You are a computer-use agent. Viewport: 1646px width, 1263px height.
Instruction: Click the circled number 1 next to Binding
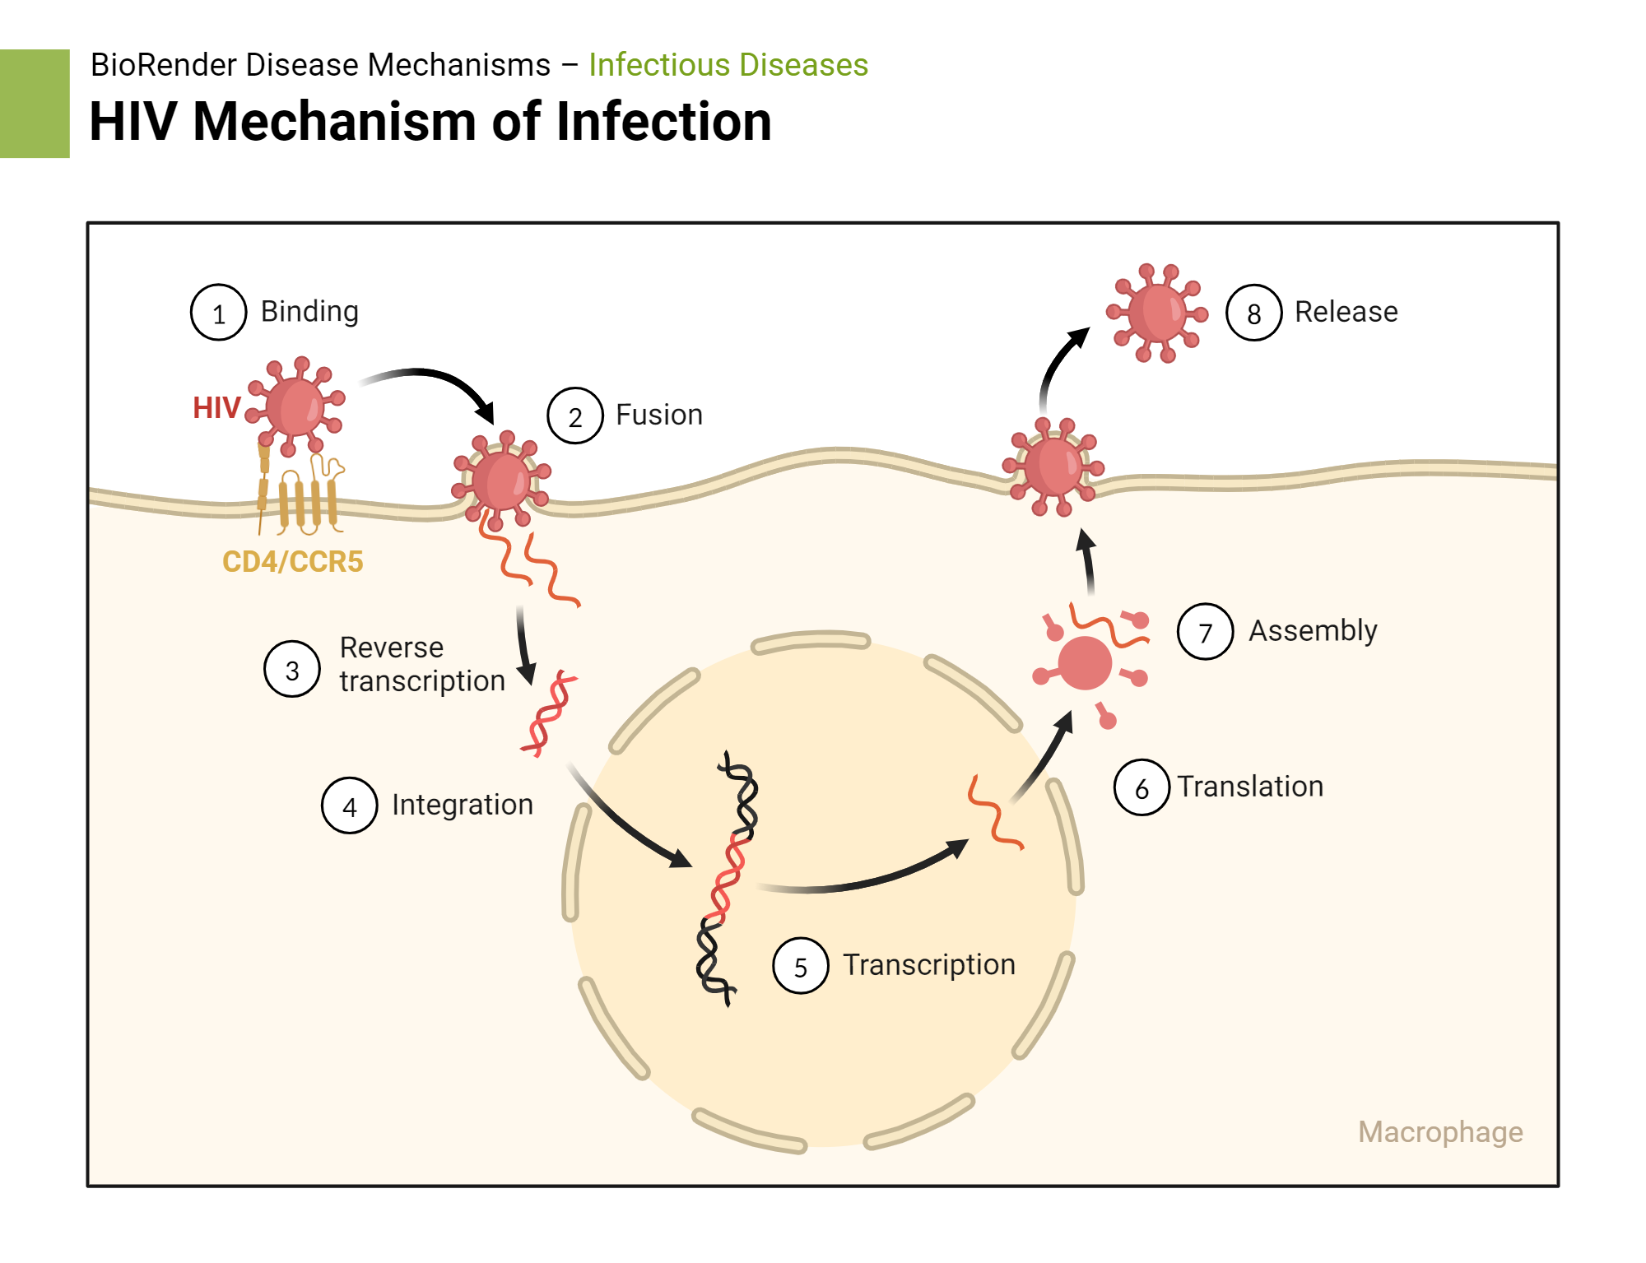pyautogui.click(x=218, y=313)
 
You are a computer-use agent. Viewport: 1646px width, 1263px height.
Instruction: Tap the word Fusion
pyautogui.click(x=658, y=415)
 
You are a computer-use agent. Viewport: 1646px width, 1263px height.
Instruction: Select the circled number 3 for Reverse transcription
pyautogui.click(x=291, y=670)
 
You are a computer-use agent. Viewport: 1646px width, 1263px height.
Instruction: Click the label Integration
pyautogui.click(x=462, y=805)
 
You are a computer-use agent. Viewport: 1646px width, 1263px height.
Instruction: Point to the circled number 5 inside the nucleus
pyautogui.click(x=800, y=966)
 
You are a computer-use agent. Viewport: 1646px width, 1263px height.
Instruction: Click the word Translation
pyautogui.click(x=1249, y=787)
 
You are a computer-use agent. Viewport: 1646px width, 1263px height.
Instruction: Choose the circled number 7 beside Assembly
pyautogui.click(x=1205, y=632)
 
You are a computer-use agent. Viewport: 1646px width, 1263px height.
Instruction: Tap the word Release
pyautogui.click(x=1346, y=313)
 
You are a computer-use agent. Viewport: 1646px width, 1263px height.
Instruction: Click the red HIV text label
pyautogui.click(x=216, y=408)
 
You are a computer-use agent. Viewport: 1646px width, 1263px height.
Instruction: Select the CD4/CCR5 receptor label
pyautogui.click(x=292, y=562)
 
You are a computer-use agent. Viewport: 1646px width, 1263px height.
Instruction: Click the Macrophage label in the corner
pyautogui.click(x=1439, y=1132)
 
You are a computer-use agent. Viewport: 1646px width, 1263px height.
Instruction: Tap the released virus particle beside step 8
pyautogui.click(x=1156, y=313)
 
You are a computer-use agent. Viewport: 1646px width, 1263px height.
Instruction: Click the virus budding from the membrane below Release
pyautogui.click(x=1053, y=467)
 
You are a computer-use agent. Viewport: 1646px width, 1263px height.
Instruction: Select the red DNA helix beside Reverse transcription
pyautogui.click(x=549, y=713)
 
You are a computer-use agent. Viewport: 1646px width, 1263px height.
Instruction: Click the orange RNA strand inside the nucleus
pyautogui.click(x=993, y=812)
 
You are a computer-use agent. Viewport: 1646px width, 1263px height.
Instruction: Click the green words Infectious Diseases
pyautogui.click(x=728, y=65)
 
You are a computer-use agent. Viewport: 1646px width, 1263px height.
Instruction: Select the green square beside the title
pyautogui.click(x=35, y=104)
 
